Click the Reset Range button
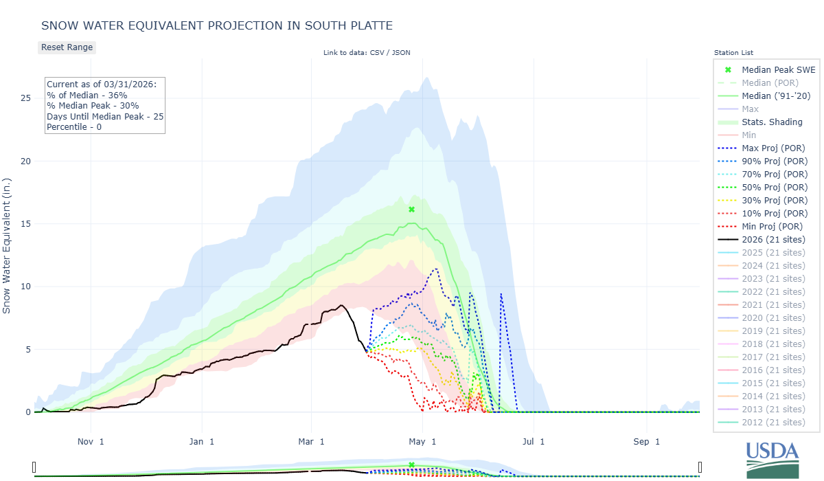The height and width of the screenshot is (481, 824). (x=67, y=47)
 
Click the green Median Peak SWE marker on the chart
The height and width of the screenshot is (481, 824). (x=411, y=209)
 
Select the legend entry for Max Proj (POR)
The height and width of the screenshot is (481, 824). (x=772, y=148)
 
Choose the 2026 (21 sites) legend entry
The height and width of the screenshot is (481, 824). (x=772, y=240)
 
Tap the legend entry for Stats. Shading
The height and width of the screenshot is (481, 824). (x=772, y=122)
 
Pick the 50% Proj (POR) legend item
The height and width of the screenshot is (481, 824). (x=772, y=188)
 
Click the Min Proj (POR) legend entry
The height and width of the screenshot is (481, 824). (x=772, y=227)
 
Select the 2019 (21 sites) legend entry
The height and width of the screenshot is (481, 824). (x=772, y=331)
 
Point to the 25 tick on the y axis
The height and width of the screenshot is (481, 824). (x=25, y=98)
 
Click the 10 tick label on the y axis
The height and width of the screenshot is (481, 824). (x=25, y=287)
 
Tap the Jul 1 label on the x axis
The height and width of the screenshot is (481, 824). (x=533, y=441)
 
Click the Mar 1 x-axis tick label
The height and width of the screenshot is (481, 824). (x=312, y=441)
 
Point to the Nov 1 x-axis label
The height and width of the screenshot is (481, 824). (x=91, y=441)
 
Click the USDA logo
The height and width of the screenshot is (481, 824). (x=772, y=458)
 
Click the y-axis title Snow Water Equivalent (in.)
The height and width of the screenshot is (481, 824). (x=7, y=247)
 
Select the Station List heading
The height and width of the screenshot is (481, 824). (x=733, y=52)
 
